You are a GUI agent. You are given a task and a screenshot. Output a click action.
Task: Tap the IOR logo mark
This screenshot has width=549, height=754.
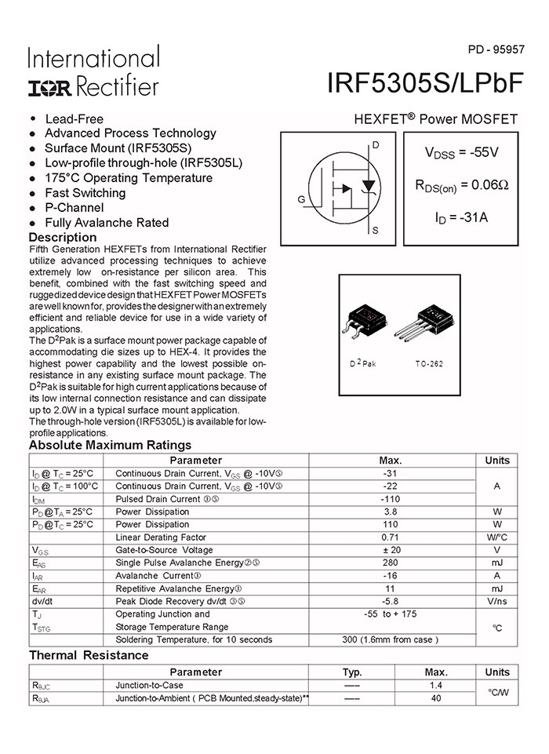pos(50,87)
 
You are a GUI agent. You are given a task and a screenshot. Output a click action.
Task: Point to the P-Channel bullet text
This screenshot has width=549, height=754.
pos(74,208)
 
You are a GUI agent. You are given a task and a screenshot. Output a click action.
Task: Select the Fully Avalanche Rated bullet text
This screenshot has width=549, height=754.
pos(107,223)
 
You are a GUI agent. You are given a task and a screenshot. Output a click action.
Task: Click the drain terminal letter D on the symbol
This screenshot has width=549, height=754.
pos(376,146)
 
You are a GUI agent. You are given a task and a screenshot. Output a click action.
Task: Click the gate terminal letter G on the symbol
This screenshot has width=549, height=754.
pos(301,200)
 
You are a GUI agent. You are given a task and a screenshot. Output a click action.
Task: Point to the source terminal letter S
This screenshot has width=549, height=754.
pos(376,231)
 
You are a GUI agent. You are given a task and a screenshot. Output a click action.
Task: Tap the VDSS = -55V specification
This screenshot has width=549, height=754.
pos(461,153)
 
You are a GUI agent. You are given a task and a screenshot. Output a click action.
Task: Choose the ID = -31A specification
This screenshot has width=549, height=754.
pos(461,217)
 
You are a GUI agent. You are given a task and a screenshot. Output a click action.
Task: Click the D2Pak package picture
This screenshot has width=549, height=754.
pos(369,322)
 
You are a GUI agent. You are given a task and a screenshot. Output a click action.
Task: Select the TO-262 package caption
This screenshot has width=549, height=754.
pos(430,365)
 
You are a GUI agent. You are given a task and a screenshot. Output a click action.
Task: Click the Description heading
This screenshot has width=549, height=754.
pos(63,238)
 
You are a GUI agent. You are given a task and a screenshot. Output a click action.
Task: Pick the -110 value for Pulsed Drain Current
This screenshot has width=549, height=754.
pos(391,499)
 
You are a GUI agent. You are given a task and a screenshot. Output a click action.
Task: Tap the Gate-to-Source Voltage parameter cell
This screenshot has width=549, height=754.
pos(164,550)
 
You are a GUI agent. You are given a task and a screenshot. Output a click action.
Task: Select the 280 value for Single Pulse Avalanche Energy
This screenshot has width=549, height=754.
pos(391,563)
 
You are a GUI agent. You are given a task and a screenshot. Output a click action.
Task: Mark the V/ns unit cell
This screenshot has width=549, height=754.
pos(496,601)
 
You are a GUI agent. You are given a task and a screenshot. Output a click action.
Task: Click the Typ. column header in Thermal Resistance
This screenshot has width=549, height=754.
pos(352,672)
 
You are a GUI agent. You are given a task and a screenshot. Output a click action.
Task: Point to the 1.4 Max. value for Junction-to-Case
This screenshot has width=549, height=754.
pos(436,685)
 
